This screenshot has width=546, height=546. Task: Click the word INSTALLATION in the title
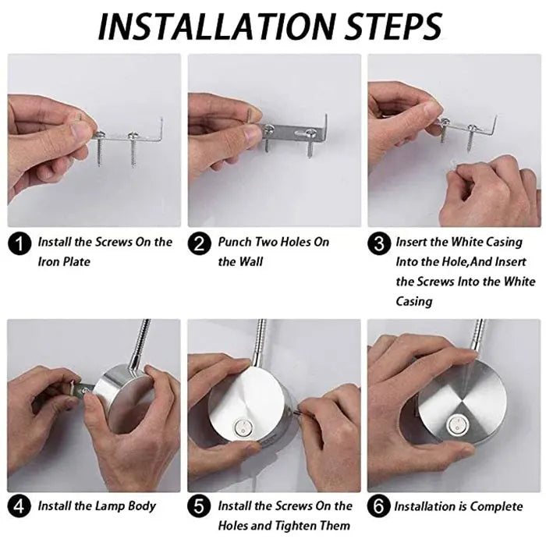tap(217, 27)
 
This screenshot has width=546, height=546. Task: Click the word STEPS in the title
tap(393, 27)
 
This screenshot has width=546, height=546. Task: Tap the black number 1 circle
tap(19, 243)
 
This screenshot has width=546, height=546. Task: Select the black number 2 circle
tap(200, 243)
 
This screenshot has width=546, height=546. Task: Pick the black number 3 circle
tap(379, 243)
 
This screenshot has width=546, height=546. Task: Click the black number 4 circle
tap(19, 506)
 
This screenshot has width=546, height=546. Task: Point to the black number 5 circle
tap(199, 506)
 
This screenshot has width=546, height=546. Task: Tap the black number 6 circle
tap(379, 506)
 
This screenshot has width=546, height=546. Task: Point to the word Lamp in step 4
tap(110, 506)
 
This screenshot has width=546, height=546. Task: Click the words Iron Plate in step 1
tap(64, 261)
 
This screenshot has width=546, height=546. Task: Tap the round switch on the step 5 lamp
tap(243, 427)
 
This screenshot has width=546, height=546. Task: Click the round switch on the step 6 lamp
tap(456, 425)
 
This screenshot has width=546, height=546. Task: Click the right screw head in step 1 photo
tap(133, 135)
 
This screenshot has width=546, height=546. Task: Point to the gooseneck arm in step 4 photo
tap(140, 343)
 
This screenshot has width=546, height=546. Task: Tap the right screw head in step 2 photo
tap(310, 132)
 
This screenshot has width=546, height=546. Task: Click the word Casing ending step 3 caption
tap(414, 301)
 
